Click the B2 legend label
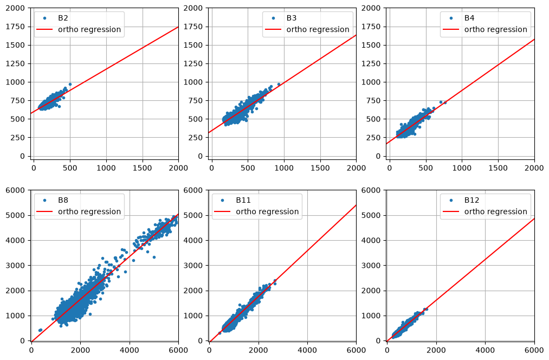(x=63, y=18)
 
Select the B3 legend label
(x=292, y=18)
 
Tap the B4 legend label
(x=469, y=18)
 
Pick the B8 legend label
(x=63, y=200)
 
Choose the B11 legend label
(x=243, y=200)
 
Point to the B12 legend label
(x=472, y=200)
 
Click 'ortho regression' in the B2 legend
(x=89, y=30)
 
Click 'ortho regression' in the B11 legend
(x=267, y=212)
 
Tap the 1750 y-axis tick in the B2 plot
(x=15, y=27)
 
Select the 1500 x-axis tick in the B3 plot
(x=320, y=168)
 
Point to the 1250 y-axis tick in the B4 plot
(x=371, y=64)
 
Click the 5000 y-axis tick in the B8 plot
(x=15, y=215)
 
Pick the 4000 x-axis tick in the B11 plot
(x=307, y=350)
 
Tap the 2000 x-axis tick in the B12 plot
(x=436, y=350)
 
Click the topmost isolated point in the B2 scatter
(x=70, y=85)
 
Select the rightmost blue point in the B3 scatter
(x=279, y=85)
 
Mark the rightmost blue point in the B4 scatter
(x=445, y=102)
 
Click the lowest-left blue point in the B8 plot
(x=40, y=330)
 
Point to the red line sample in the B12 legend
(x=450, y=211)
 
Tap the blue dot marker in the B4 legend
(x=451, y=18)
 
